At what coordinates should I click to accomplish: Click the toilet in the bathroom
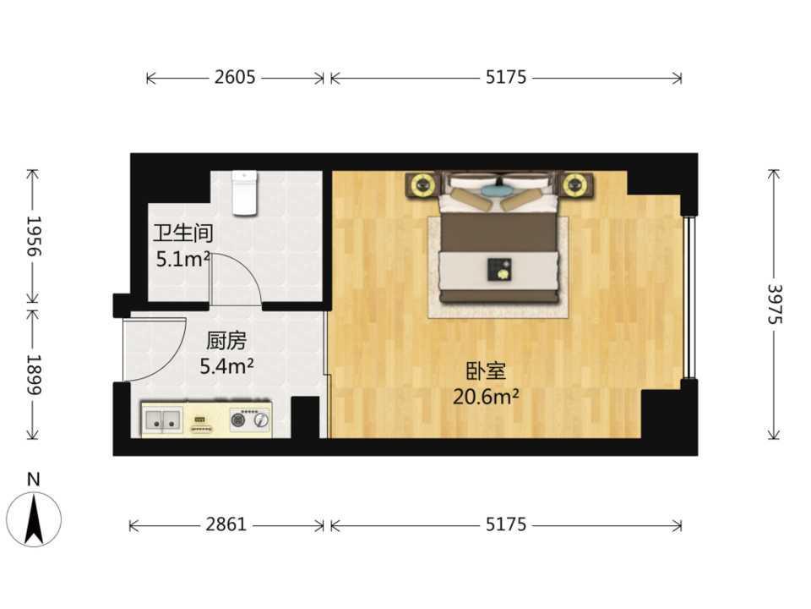tap(244, 193)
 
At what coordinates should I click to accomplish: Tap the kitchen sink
tap(163, 420)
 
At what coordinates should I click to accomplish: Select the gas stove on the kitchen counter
tap(250, 419)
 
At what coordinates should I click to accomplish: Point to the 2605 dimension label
tap(235, 77)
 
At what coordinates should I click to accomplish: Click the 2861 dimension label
tap(226, 524)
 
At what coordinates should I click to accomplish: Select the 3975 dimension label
tap(775, 304)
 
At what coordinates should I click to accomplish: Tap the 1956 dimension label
tap(34, 236)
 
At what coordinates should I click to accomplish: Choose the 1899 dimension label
tap(34, 375)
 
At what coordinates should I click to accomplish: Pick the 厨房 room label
tap(226, 341)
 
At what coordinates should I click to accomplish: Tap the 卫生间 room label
tap(182, 233)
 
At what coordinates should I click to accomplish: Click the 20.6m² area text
tap(487, 397)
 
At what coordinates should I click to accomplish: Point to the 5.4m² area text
tap(226, 366)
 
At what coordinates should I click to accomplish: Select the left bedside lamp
tap(422, 184)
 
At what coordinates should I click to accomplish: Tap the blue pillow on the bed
tap(495, 190)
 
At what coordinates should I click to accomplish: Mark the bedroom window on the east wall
tap(688, 297)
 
